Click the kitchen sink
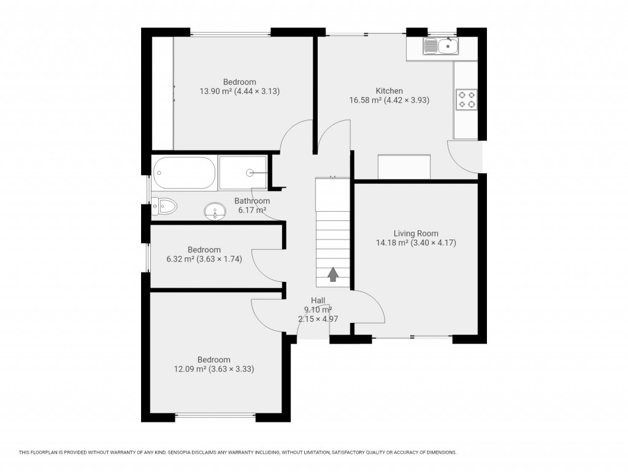[x=440, y=46]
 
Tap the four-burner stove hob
[x=466, y=99]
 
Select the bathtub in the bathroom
[x=184, y=173]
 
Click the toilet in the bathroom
[x=164, y=206]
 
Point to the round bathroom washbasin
[x=214, y=212]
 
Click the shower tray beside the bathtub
[x=243, y=173]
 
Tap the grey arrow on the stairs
[x=333, y=274]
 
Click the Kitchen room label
[x=389, y=91]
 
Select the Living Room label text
[x=416, y=233]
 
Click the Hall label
[x=318, y=300]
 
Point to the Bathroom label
[x=252, y=201]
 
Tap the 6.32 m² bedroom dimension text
[x=204, y=259]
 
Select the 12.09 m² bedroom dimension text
[x=213, y=369]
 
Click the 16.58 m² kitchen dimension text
[x=389, y=100]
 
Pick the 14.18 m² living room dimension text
[x=416, y=243]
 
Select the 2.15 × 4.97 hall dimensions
[x=318, y=319]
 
